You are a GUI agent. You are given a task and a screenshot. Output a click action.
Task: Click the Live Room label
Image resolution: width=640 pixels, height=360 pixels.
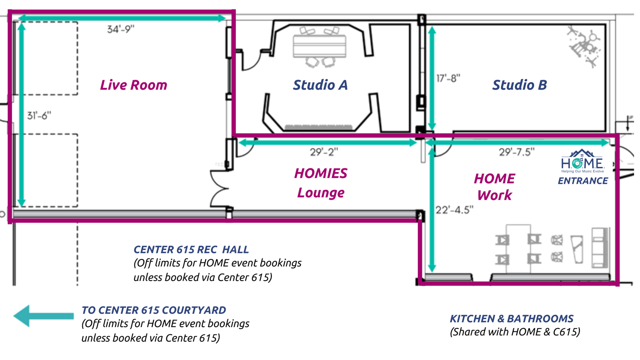click(x=134, y=85)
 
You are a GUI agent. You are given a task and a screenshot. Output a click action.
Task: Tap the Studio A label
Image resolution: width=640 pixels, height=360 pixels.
click(x=320, y=85)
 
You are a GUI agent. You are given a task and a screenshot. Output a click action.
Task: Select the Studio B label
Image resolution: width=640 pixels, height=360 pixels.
click(x=519, y=85)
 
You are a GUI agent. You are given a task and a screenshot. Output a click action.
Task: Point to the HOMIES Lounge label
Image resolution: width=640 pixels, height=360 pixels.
click(x=320, y=183)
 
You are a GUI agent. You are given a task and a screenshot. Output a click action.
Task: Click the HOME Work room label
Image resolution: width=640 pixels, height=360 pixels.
click(x=494, y=186)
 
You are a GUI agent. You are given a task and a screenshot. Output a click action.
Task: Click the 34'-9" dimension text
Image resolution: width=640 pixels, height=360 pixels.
click(x=120, y=29)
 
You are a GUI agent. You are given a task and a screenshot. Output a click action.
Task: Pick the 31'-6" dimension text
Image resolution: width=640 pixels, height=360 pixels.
click(x=39, y=116)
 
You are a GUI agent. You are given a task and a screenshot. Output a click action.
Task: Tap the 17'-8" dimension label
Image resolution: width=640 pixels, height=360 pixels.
click(x=448, y=78)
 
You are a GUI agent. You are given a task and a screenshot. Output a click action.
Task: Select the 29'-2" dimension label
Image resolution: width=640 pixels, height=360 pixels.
click(x=324, y=152)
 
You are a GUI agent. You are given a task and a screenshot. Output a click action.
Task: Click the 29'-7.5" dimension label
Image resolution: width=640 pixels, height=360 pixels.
click(x=517, y=152)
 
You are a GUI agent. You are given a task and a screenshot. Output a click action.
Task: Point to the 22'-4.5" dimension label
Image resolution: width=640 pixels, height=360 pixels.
click(x=454, y=210)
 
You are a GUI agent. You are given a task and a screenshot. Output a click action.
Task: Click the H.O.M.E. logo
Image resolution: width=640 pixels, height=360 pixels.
click(x=582, y=161)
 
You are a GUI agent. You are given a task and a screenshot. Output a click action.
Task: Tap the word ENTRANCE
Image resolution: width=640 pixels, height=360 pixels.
click(x=583, y=181)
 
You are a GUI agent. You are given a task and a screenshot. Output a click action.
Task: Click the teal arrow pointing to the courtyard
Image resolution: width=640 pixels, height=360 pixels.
click(x=43, y=316)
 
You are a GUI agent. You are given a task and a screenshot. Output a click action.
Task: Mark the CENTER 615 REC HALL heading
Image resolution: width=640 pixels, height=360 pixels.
click(x=191, y=250)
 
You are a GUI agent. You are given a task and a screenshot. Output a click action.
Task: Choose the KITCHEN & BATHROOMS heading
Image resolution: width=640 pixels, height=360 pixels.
click(x=512, y=319)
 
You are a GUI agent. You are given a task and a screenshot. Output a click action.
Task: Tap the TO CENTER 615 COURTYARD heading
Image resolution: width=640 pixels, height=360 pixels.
click(x=154, y=310)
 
